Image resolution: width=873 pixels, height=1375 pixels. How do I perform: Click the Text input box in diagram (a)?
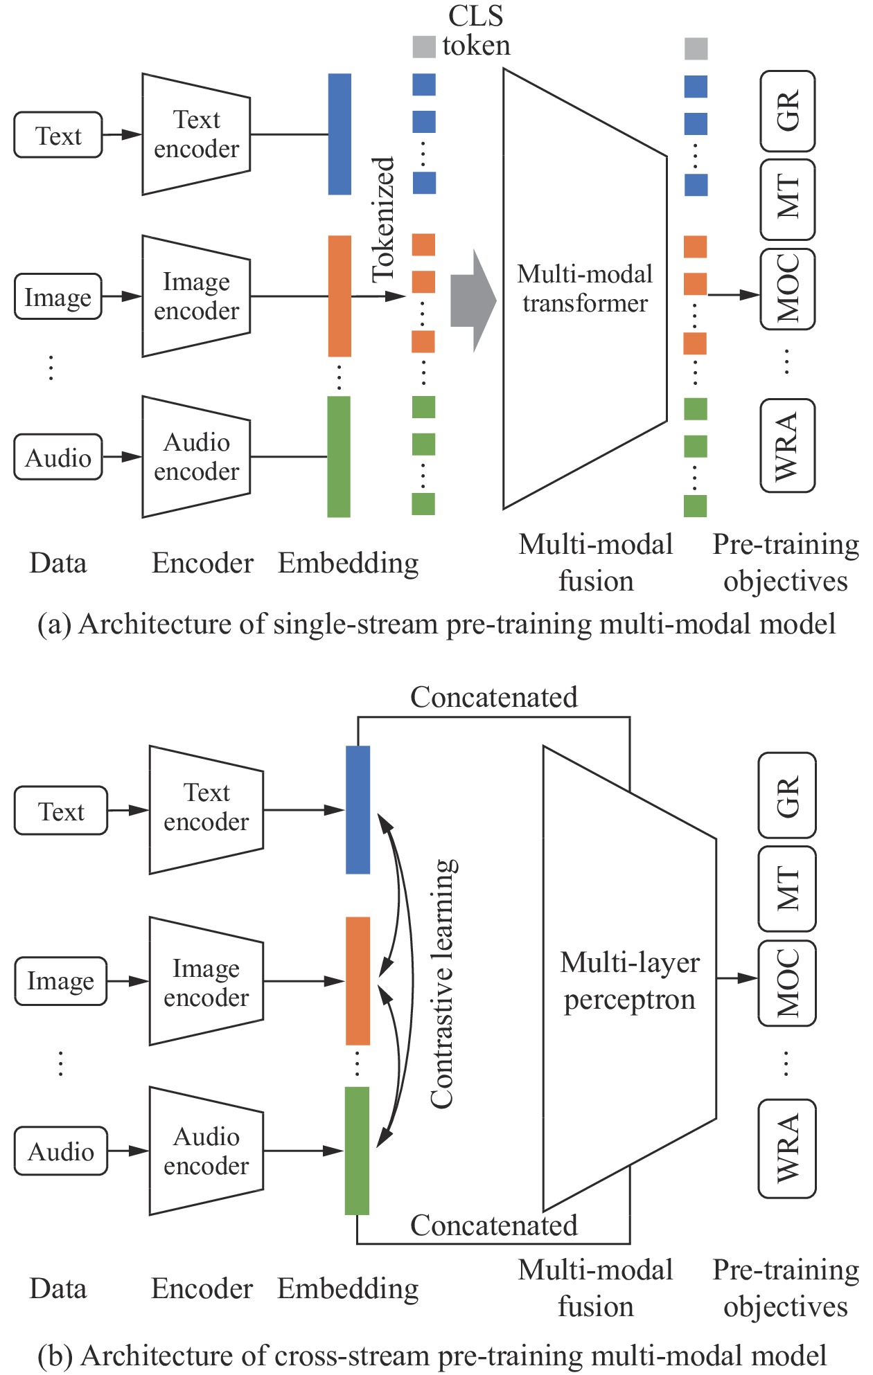point(58,135)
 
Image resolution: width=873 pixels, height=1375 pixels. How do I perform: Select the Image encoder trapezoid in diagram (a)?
point(196,296)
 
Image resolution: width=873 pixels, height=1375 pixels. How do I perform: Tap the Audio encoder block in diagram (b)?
point(206,1151)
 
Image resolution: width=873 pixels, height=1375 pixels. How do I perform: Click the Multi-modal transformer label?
point(585,289)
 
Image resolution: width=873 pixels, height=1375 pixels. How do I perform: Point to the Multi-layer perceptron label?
point(629,980)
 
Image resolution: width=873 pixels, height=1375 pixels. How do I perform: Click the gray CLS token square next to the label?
point(424,47)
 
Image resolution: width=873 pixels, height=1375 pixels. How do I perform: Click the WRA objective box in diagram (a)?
point(787,446)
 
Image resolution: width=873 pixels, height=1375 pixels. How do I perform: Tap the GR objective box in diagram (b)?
point(787,796)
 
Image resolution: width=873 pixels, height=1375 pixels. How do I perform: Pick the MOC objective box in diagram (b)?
point(787,982)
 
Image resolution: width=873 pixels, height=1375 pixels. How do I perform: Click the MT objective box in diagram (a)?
point(787,199)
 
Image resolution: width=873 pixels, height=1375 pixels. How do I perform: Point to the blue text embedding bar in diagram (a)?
point(339,134)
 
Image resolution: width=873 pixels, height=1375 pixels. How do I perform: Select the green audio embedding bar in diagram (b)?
point(357,1151)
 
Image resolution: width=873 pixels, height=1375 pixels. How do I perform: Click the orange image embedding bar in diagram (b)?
point(358,980)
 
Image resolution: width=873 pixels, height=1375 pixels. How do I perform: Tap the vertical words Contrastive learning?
point(443,983)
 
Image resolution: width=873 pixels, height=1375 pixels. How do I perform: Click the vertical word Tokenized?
point(383,219)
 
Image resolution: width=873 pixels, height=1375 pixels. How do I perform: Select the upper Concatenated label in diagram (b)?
point(493,697)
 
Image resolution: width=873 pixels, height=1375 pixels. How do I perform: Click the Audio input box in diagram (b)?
point(61,1151)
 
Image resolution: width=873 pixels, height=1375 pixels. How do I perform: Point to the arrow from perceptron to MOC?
point(737,978)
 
